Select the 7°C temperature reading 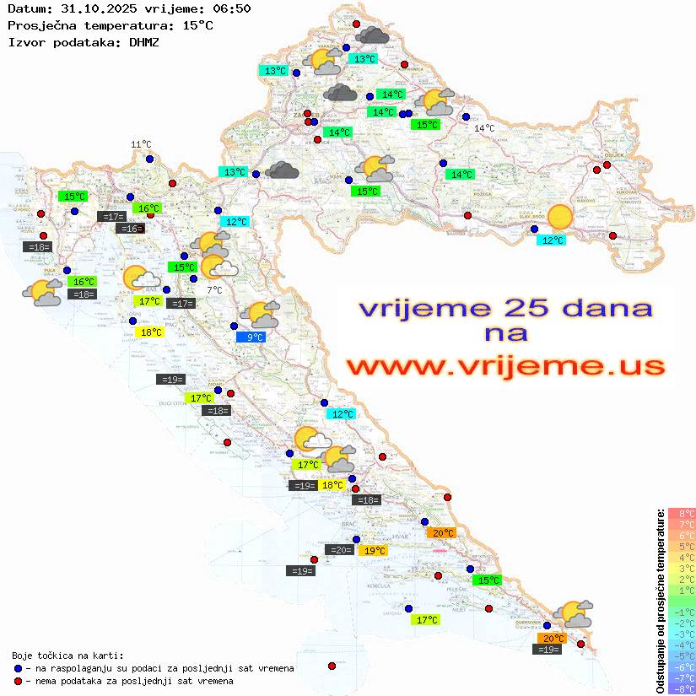[x=214, y=290]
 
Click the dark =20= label [x=340, y=550]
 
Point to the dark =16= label [x=130, y=229]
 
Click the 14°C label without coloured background [x=484, y=128]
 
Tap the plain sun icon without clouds [x=559, y=218]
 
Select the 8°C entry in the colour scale [x=682, y=513]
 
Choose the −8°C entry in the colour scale [x=682, y=688]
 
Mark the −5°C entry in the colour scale [x=682, y=656]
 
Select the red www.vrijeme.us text [x=504, y=366]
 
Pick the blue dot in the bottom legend [x=18, y=668]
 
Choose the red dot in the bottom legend [x=18, y=681]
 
